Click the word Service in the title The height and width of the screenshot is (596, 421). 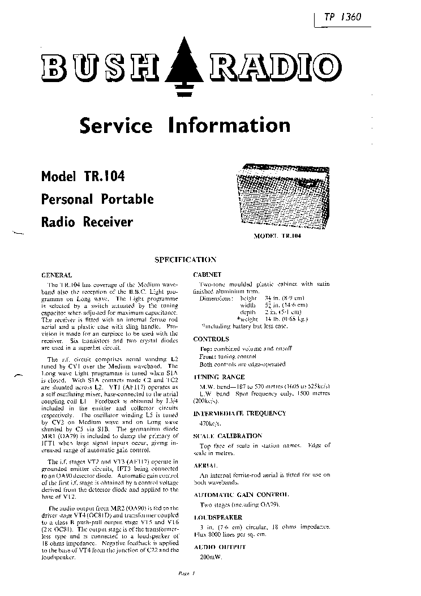(116, 126)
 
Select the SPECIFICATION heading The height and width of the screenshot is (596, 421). (186, 260)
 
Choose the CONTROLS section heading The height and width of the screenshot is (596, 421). (211, 339)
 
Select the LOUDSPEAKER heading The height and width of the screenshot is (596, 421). (218, 517)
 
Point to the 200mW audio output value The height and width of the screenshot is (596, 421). (208, 557)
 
